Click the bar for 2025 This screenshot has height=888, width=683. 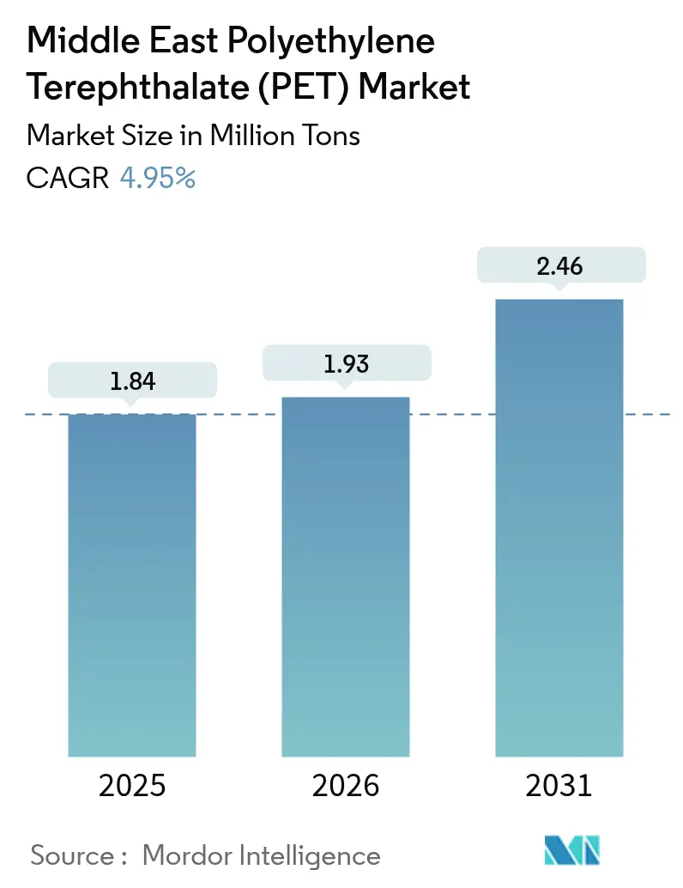[132, 585]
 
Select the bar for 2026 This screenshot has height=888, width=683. [346, 576]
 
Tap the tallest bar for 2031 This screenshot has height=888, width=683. [559, 527]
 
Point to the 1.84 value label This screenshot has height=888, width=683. [132, 381]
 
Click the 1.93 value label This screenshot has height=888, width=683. [346, 363]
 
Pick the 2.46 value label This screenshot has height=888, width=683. [559, 266]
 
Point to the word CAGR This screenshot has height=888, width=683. [68, 178]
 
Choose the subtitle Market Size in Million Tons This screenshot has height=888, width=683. [193, 135]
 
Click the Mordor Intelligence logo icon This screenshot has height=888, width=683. [571, 850]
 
